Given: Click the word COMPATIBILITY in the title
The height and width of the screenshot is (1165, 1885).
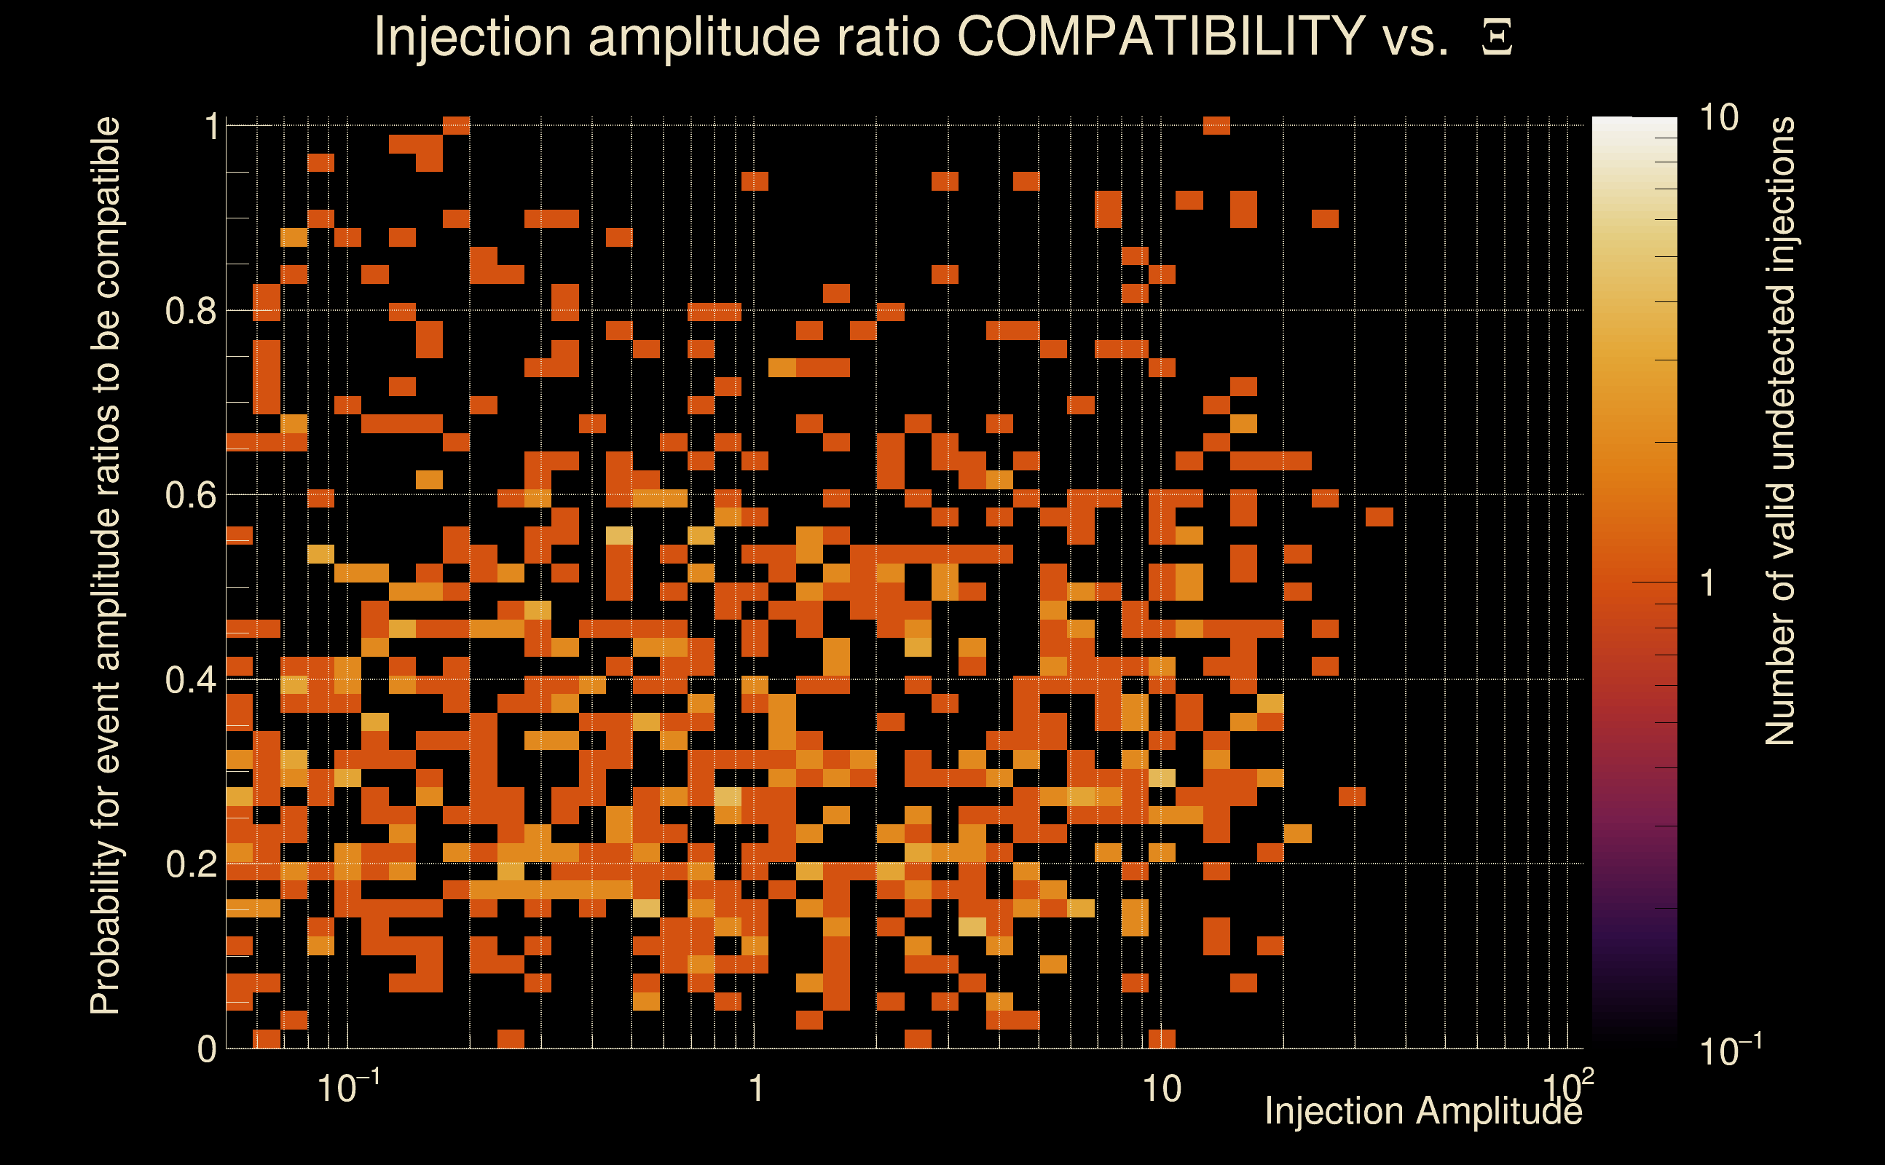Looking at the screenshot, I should point(1160,36).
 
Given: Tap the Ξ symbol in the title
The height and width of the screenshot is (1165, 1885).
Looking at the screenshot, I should point(1497,38).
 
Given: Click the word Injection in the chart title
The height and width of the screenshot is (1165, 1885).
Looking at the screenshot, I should point(472,38).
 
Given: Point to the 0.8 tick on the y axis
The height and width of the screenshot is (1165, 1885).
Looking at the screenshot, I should point(191,312).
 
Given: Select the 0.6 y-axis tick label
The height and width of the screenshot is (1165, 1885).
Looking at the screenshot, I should point(191,495).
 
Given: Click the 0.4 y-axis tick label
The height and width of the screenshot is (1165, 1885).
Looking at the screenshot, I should point(191,680).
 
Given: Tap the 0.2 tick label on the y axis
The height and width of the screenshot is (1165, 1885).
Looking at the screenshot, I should point(191,864).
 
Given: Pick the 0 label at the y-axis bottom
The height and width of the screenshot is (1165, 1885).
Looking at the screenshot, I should point(207,1049).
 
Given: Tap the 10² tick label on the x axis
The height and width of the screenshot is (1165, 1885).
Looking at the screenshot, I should point(1567,1086).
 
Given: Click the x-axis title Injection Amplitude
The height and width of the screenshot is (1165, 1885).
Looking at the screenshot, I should point(1423,1111).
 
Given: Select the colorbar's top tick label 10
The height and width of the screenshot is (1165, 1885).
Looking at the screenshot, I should point(1718,119).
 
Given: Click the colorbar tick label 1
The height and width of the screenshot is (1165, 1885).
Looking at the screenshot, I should point(1708,583).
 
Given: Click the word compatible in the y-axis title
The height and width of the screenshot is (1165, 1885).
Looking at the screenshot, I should point(106,208).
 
